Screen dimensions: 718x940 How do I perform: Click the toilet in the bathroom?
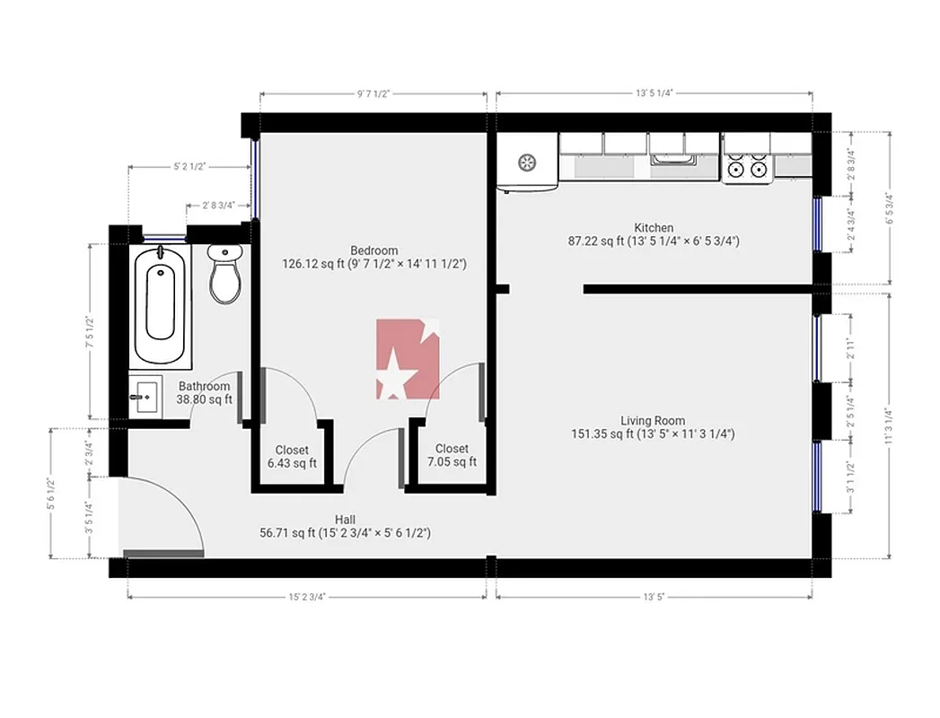pos(224,274)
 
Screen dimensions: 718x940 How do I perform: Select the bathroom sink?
pos(145,396)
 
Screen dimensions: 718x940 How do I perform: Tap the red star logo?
pos(408,359)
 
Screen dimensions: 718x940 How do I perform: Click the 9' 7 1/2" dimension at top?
pos(373,92)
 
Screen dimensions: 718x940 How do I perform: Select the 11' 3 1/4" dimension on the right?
pos(888,426)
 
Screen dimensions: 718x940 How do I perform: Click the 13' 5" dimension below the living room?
pos(654,594)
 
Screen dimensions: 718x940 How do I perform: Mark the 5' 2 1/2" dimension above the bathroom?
pos(189,166)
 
